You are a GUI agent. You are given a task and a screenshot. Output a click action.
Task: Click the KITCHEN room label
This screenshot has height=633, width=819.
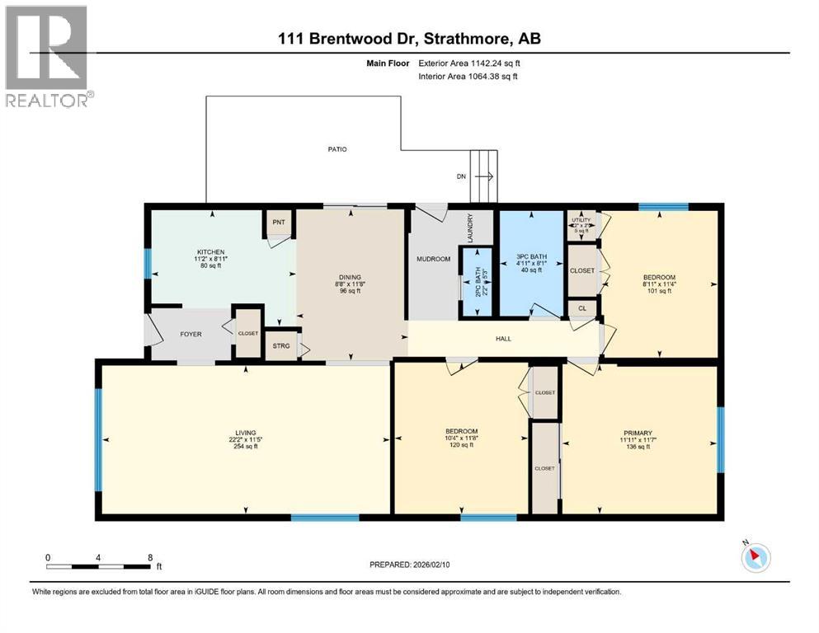point(210,252)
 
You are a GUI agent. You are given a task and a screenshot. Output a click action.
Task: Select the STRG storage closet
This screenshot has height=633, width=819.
point(280,346)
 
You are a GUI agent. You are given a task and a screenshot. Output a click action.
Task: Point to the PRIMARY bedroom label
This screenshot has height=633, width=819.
point(638,433)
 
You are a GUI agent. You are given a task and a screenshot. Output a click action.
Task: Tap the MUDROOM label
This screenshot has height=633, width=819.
point(434,259)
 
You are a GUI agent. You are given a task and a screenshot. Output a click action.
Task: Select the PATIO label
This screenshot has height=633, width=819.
point(336,150)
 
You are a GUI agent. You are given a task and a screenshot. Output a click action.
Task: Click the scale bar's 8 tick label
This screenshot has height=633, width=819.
point(149,557)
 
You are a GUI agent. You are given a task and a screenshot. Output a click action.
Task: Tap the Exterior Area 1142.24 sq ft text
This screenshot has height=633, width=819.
point(470,62)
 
